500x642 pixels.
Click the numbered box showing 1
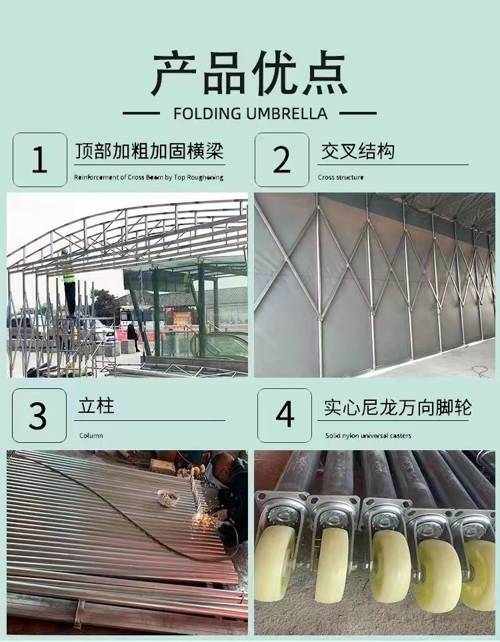click(x=40, y=160)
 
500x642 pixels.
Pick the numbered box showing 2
click(x=281, y=160)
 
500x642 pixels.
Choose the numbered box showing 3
click(x=39, y=416)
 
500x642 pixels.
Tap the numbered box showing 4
click(x=285, y=416)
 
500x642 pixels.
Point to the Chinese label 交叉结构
click(x=357, y=152)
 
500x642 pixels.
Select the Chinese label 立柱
click(x=96, y=406)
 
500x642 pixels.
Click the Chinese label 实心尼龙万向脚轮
click(x=397, y=408)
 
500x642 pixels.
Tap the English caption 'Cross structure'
click(x=341, y=178)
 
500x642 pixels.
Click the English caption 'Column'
click(x=91, y=436)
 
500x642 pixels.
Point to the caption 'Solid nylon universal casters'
click(x=368, y=436)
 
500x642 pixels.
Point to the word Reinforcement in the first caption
click(x=96, y=178)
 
